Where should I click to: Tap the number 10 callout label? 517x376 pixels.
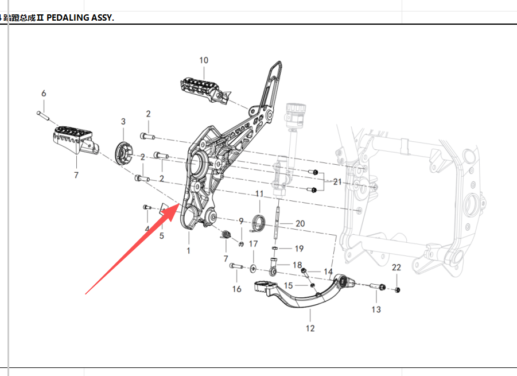[204, 60]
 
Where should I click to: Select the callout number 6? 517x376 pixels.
[44, 94]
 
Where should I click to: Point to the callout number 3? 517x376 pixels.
[123, 121]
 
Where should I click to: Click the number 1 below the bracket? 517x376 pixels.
[188, 251]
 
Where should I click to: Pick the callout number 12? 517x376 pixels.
[310, 328]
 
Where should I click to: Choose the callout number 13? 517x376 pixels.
[376, 309]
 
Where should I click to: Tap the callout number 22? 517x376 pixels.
[397, 268]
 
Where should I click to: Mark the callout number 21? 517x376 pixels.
[337, 182]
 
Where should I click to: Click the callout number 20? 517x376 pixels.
[300, 223]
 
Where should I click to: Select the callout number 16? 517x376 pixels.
[237, 289]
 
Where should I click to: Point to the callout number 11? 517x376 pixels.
[259, 193]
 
